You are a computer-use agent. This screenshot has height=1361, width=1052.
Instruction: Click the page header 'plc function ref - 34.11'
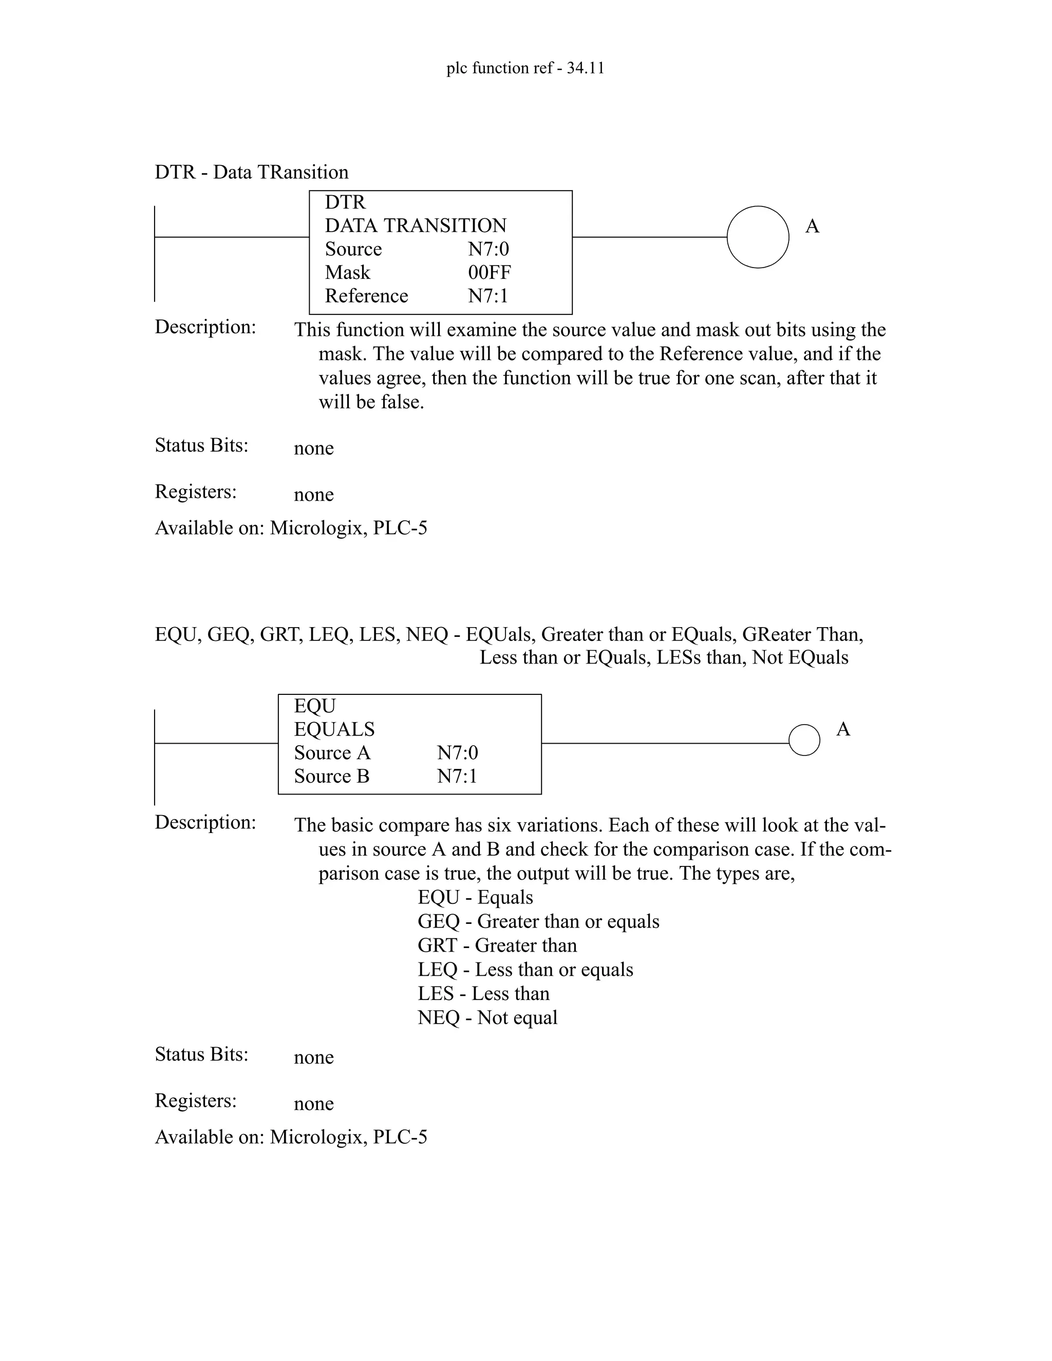(x=525, y=68)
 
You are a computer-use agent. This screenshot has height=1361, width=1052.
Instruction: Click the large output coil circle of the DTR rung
(x=757, y=237)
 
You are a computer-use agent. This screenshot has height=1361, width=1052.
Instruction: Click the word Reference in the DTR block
(x=366, y=295)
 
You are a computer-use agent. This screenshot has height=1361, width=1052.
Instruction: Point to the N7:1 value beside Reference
(x=488, y=295)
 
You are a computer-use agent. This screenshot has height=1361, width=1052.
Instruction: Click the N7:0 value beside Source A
(x=458, y=753)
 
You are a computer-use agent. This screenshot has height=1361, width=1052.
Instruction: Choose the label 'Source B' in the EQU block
(x=331, y=777)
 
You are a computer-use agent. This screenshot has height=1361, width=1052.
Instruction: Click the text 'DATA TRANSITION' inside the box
(x=416, y=225)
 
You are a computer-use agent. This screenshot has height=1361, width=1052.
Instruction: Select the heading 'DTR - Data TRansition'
(x=251, y=172)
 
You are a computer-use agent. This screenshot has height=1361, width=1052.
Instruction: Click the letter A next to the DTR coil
(x=812, y=226)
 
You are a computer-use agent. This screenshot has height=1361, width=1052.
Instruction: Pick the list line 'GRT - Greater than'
(x=497, y=946)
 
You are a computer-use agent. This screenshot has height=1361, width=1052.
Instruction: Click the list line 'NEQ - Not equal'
(x=487, y=1017)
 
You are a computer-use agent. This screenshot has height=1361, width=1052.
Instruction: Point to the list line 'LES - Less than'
(x=483, y=993)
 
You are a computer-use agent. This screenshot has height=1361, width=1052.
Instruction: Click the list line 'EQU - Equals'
(x=475, y=897)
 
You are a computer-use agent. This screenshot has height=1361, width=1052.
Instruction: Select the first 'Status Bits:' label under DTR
(x=201, y=445)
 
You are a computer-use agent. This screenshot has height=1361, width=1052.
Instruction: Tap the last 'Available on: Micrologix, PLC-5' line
(x=291, y=1137)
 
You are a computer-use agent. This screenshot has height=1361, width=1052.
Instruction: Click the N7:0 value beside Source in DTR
(x=489, y=249)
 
